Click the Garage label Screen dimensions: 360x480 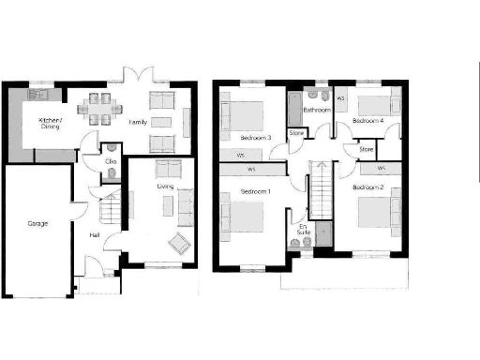[x=37, y=223]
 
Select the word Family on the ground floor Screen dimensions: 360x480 [x=138, y=123]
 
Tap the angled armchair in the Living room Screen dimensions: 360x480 [x=175, y=247]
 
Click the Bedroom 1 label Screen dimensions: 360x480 [x=255, y=191]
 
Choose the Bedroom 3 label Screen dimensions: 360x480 [x=256, y=138]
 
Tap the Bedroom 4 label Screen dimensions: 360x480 [x=367, y=121]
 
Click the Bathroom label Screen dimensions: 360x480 [x=316, y=110]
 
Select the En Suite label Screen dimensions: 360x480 [x=302, y=231]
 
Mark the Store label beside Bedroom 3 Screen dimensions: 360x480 [x=296, y=133]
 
